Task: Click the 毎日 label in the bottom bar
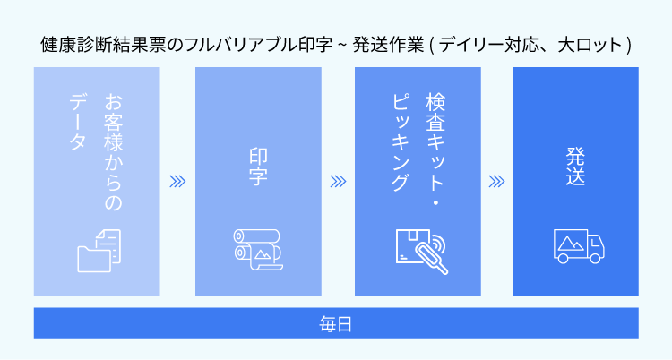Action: pos(335,322)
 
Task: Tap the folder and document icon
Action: pos(98,248)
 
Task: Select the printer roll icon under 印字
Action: pos(258,247)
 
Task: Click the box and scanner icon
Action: pos(418,248)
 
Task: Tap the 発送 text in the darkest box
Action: pos(575,166)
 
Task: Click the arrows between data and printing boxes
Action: pos(177,181)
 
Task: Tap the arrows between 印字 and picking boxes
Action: pos(338,181)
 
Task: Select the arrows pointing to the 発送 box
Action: pos(496,181)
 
